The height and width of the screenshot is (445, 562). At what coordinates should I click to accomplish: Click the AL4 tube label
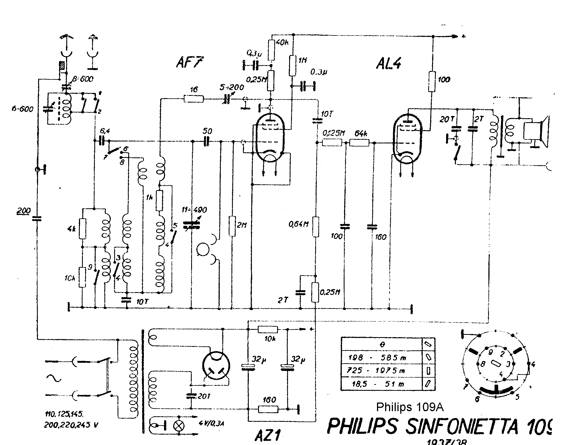389,64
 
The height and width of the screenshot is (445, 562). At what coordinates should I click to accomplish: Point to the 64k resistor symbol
359,143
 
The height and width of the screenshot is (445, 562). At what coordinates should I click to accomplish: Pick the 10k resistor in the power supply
268,330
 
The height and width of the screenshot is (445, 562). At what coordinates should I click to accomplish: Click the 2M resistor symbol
232,226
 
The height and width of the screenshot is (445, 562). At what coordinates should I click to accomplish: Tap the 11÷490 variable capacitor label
195,210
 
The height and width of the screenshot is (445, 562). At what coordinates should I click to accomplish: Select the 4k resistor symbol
82,229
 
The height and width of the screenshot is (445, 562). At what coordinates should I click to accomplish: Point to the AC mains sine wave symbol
54,378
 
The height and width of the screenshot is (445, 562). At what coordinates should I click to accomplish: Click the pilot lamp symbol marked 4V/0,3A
178,425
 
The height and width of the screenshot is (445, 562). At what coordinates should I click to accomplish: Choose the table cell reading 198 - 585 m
381,358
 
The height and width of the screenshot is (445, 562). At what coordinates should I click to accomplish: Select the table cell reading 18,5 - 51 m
381,384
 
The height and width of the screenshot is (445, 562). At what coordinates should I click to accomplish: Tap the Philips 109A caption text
410,407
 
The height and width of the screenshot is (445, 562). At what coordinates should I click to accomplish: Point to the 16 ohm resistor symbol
194,99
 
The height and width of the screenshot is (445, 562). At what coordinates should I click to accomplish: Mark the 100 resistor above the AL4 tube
432,81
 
